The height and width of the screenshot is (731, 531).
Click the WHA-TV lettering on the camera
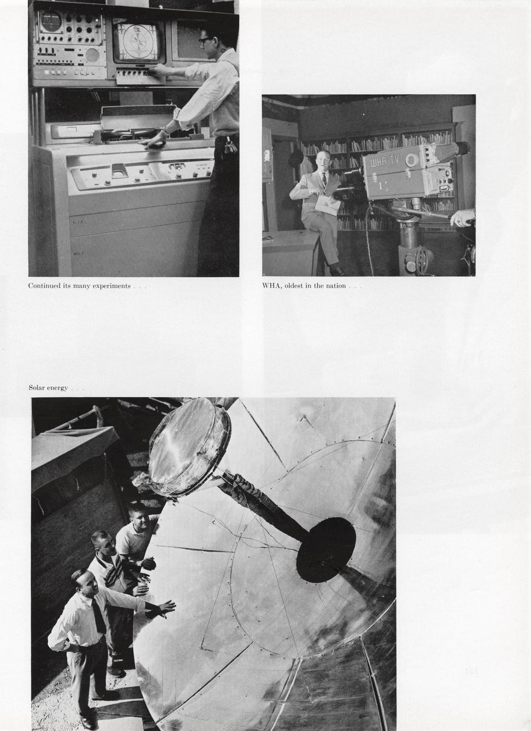coord(385,161)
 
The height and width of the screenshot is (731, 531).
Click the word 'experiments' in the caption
coord(112,286)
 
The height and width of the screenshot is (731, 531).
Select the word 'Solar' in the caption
coord(37,388)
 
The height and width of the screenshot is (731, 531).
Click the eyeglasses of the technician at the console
coord(205,40)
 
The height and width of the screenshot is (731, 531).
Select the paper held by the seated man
coord(328,205)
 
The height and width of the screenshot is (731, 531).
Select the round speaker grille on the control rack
coord(92,55)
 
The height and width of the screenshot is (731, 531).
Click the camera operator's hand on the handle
coord(462,217)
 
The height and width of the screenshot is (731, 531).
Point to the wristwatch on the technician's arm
coord(165,132)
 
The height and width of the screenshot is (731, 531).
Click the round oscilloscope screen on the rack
coord(51,22)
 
